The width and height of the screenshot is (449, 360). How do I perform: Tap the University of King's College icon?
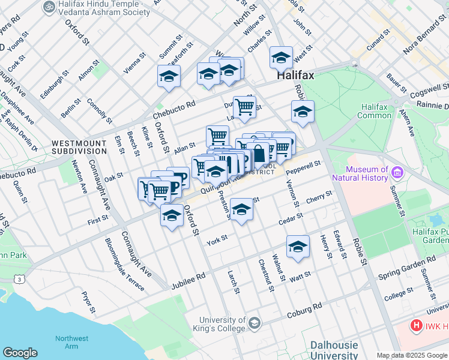255,324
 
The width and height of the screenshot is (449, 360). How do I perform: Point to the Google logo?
20,353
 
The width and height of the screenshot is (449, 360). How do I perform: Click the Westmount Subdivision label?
79,147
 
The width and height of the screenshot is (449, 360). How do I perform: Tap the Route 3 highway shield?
21,280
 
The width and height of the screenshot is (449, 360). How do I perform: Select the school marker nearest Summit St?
169,76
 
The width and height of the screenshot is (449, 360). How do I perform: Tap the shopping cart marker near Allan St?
217,136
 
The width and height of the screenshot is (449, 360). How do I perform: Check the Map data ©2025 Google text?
411,355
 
